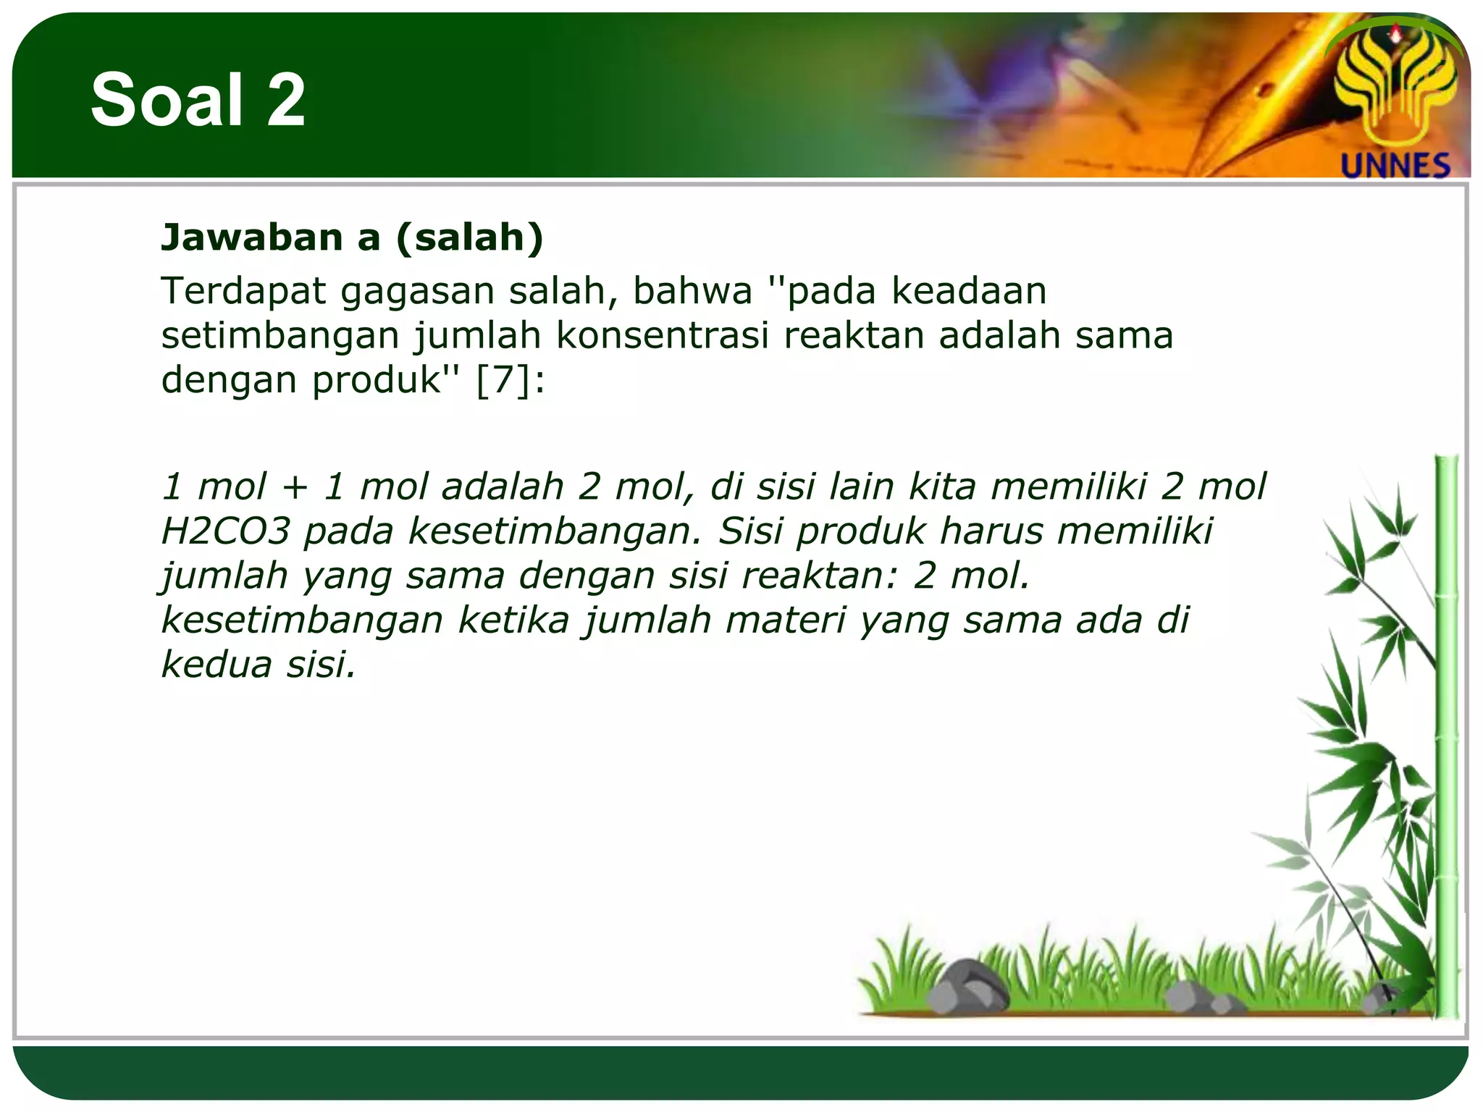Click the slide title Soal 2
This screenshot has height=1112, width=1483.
point(198,100)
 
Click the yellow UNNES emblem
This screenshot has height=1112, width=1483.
point(1395,87)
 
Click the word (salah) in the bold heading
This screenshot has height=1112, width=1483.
point(470,237)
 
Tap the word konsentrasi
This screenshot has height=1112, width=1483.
point(662,335)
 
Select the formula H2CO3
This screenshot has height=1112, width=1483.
point(225,531)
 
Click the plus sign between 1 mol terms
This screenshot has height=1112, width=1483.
point(295,486)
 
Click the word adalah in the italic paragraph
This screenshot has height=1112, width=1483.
point(502,486)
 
